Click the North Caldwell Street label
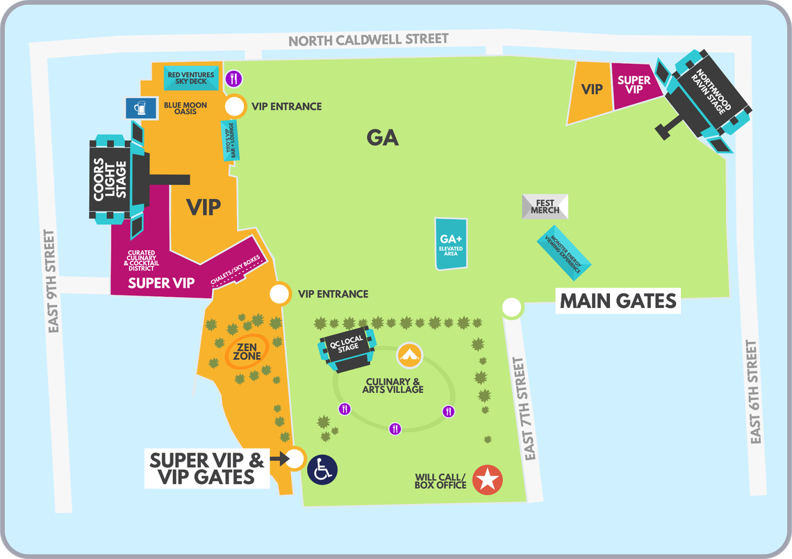[368, 40]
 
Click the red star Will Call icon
[487, 480]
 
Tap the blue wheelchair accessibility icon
[322, 469]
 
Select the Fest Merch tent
[545, 206]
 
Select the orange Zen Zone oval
[247, 350]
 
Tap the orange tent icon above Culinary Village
[409, 355]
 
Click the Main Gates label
[618, 301]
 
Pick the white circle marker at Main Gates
[512, 307]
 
